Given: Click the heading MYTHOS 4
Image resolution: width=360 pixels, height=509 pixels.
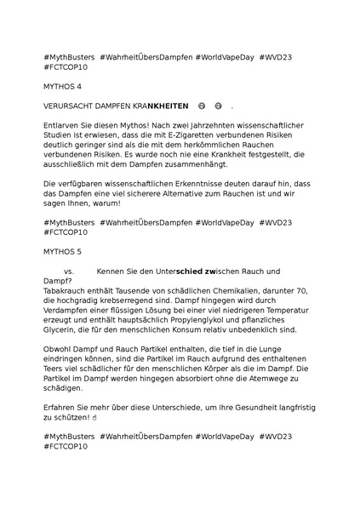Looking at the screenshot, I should click(63, 86).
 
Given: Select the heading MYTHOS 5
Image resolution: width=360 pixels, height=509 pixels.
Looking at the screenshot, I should click(63, 252).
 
